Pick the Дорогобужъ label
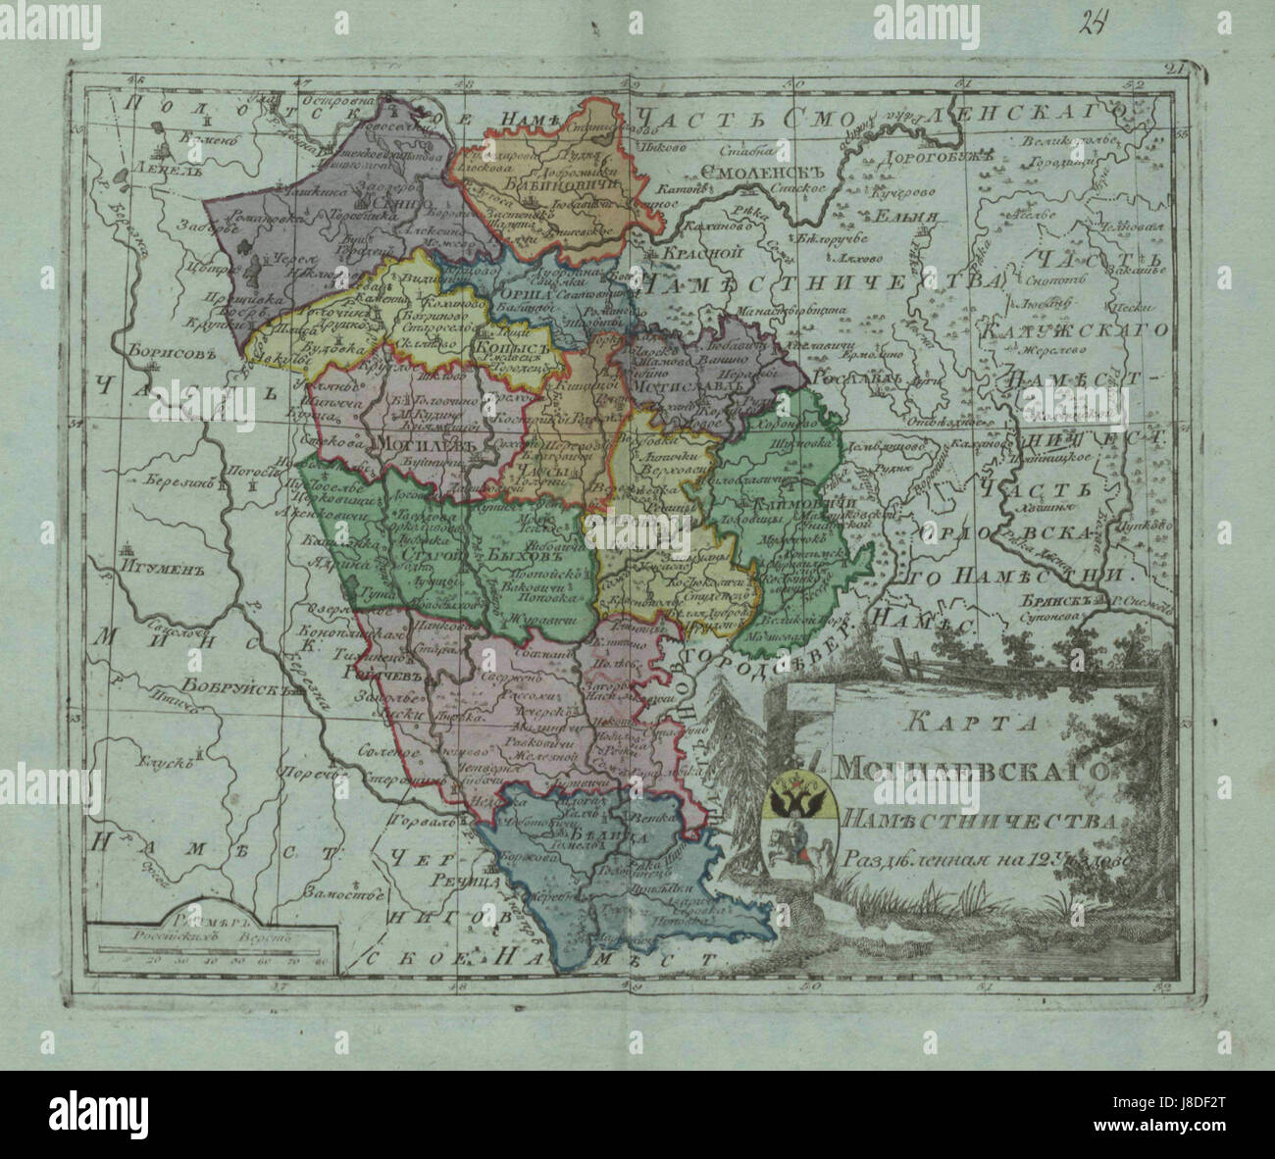click(x=928, y=157)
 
